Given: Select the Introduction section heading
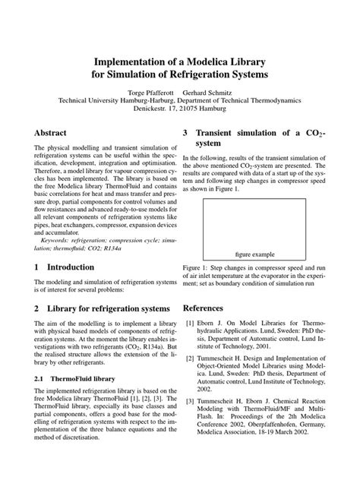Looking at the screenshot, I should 71,267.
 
